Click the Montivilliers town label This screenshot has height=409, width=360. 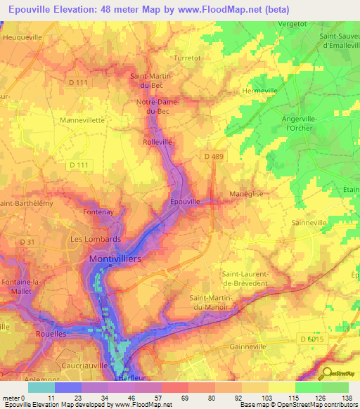pos(115,259)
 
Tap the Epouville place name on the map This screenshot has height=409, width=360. pos(186,201)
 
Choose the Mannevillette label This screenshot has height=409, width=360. pos(82,120)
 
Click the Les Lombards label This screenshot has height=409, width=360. pos(95,239)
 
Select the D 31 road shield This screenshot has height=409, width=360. pos(27,242)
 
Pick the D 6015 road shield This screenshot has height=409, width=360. pos(313,339)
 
